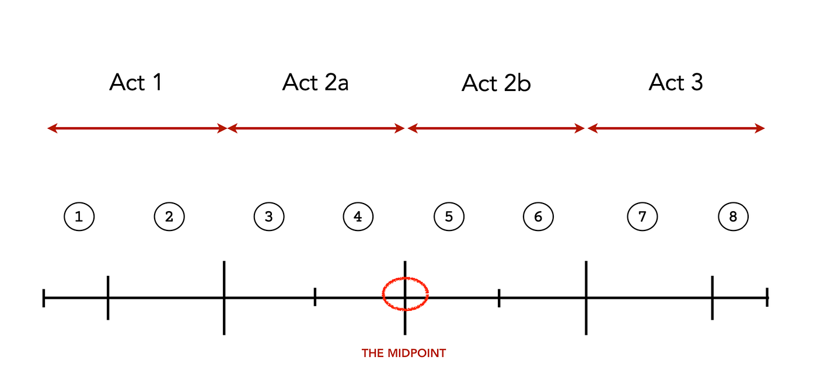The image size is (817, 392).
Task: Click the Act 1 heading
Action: tap(135, 83)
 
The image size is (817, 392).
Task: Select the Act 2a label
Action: tap(316, 83)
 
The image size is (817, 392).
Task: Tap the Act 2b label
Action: tap(496, 83)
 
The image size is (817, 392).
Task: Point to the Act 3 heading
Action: tap(676, 83)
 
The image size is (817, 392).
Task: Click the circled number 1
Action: tap(79, 217)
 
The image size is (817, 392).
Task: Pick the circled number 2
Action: tap(169, 217)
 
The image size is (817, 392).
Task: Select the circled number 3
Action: tap(269, 217)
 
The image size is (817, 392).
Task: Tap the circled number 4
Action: tap(358, 217)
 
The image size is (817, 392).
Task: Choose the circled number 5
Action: tap(449, 217)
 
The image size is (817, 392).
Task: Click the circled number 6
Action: tap(538, 217)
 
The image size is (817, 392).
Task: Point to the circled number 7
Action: tap(642, 217)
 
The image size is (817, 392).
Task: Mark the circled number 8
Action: tap(733, 217)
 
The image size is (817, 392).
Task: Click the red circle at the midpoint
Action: tap(405, 293)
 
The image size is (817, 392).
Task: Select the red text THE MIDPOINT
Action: tap(404, 353)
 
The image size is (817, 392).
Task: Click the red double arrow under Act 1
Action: tap(137, 128)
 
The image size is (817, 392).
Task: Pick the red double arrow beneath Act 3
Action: tap(676, 128)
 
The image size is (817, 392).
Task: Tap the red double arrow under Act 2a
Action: tap(316, 128)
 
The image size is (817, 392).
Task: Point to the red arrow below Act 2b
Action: tap(497, 128)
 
